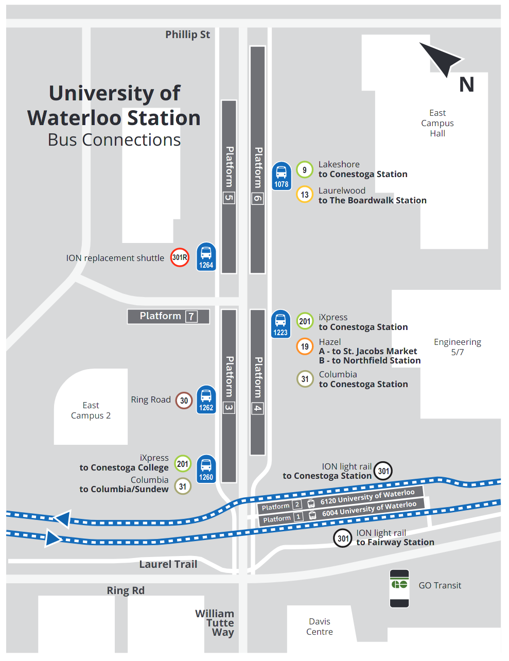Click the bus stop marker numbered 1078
pyautogui.click(x=282, y=176)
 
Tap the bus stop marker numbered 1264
pyautogui.click(x=206, y=256)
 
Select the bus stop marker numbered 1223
pyautogui.click(x=280, y=324)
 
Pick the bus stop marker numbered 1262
pyautogui.click(x=206, y=399)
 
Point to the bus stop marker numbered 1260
pyautogui.click(x=206, y=469)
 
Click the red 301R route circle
pyautogui.click(x=180, y=257)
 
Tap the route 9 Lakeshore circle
pyautogui.click(x=305, y=169)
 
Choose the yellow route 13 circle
pyautogui.click(x=305, y=195)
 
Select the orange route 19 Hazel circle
pyautogui.click(x=305, y=346)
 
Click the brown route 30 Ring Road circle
pyautogui.click(x=184, y=401)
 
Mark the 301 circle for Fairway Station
pyautogui.click(x=343, y=538)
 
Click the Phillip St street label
pyautogui.click(x=187, y=34)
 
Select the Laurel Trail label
pyautogui.click(x=168, y=564)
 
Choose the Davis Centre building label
pyautogui.click(x=320, y=627)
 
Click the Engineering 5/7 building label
pyautogui.click(x=457, y=347)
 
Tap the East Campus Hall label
pyautogui.click(x=437, y=123)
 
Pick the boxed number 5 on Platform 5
pyautogui.click(x=229, y=198)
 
